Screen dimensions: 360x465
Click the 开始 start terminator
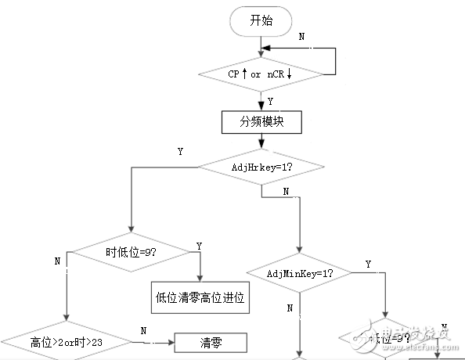(x=261, y=21)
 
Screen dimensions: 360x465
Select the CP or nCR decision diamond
(x=261, y=74)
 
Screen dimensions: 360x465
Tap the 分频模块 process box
(x=261, y=123)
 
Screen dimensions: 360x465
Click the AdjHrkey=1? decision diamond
(x=261, y=167)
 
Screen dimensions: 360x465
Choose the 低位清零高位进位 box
(x=200, y=297)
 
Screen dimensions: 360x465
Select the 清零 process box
(x=210, y=342)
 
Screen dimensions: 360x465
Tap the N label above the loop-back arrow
(x=304, y=37)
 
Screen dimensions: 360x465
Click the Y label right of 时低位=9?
(x=199, y=245)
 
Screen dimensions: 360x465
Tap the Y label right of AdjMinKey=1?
(x=368, y=265)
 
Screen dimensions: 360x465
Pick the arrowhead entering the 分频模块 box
(x=261, y=109)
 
